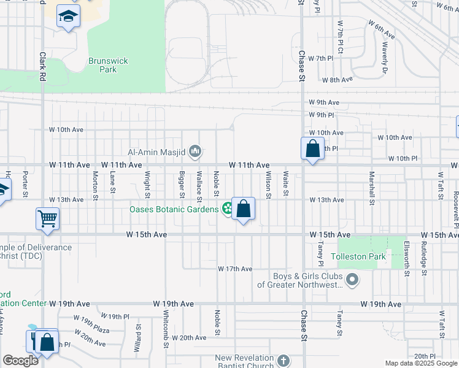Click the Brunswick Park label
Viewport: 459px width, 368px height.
click(x=102, y=65)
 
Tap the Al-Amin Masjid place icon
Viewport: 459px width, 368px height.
click(x=196, y=150)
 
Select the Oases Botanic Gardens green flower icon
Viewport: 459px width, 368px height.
click(x=228, y=209)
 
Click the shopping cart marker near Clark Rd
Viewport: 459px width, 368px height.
click(x=48, y=218)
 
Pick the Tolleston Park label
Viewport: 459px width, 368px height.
click(x=358, y=256)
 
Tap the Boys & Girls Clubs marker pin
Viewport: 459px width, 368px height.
click(x=352, y=280)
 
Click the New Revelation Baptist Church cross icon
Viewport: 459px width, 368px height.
click(x=283, y=360)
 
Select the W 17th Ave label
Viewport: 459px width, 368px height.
click(x=235, y=269)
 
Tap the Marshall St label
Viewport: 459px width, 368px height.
click(x=372, y=188)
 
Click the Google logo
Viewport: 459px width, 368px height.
click(x=20, y=361)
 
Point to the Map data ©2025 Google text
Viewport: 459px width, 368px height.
click(x=421, y=363)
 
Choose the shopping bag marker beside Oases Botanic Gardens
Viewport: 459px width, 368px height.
click(x=243, y=209)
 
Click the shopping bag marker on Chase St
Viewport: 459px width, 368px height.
click(x=312, y=148)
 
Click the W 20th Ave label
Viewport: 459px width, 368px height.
click(x=189, y=338)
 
